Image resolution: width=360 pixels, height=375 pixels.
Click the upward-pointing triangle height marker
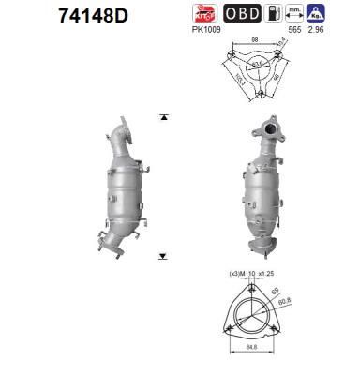[163, 117]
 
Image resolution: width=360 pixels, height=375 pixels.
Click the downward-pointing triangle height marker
[163, 254]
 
